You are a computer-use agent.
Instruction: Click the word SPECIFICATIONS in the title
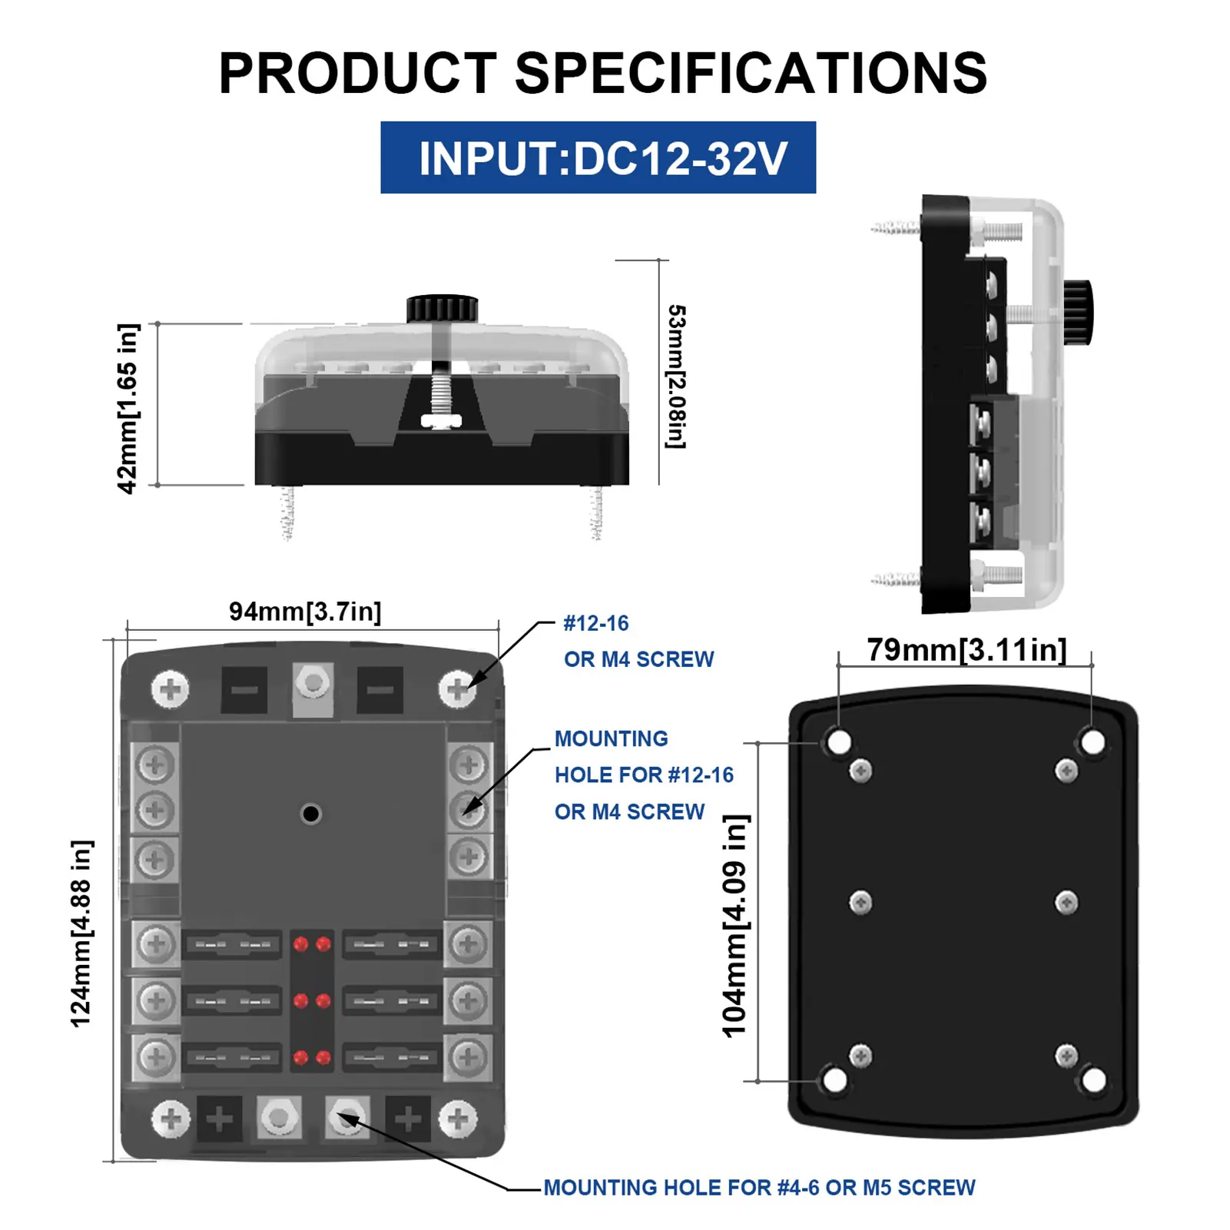tap(751, 74)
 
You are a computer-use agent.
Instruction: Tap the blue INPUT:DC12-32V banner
tap(598, 157)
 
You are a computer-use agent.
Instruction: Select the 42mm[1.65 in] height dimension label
tap(128, 408)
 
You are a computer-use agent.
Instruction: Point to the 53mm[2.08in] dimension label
tap(676, 376)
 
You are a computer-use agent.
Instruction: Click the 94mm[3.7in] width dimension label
tap(305, 612)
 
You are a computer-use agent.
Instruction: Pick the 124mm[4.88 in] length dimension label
tap(81, 933)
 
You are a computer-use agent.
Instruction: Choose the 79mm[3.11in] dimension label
tap(966, 650)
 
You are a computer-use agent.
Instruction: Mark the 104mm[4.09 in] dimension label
tap(735, 926)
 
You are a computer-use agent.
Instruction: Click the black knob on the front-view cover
tap(442, 309)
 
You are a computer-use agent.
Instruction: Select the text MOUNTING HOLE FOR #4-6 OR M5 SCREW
tap(759, 1188)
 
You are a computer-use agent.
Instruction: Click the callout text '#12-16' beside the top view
tap(596, 623)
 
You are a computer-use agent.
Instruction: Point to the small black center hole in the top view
tap(311, 814)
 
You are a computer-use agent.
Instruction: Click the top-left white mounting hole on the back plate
tap(838, 742)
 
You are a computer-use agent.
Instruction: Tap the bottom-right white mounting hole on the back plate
tap(1093, 1080)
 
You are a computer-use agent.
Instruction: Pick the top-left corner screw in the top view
tap(171, 689)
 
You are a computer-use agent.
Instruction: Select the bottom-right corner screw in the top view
tap(458, 1119)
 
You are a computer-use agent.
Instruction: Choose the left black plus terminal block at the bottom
tap(220, 1119)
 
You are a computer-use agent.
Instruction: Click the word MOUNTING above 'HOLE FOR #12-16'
tap(612, 739)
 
